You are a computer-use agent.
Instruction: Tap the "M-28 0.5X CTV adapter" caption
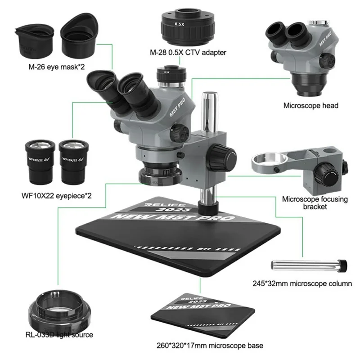pyautogui.click(x=188, y=53)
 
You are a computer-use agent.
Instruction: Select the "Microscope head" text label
pyautogui.click(x=310, y=106)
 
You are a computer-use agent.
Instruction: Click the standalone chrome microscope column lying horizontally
pyautogui.click(x=308, y=265)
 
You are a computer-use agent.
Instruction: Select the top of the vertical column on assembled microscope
pyautogui.click(x=210, y=95)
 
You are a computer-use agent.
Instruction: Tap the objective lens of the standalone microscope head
pyautogui.click(x=310, y=86)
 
